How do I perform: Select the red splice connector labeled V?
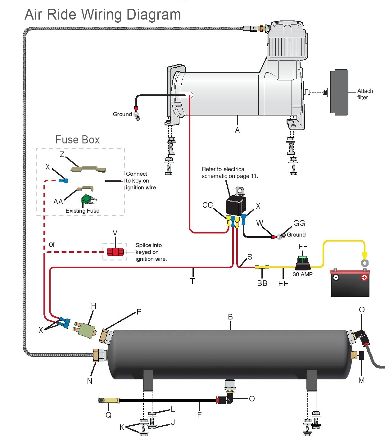click(x=115, y=252)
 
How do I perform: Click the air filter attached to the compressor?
click(x=340, y=92)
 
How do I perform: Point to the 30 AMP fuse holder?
click(x=303, y=264)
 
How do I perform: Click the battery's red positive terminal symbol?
click(x=364, y=277)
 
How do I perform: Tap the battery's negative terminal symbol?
click(x=336, y=277)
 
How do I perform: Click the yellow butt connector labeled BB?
click(x=262, y=267)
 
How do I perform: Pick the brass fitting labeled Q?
click(x=109, y=401)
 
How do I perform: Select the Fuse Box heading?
click(x=78, y=140)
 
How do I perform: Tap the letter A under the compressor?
click(x=237, y=130)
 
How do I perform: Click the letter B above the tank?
click(x=230, y=317)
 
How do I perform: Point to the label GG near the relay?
click(x=299, y=223)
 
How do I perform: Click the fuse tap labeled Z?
click(x=88, y=169)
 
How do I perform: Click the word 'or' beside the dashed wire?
click(x=52, y=244)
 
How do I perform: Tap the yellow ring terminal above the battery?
click(x=365, y=263)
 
